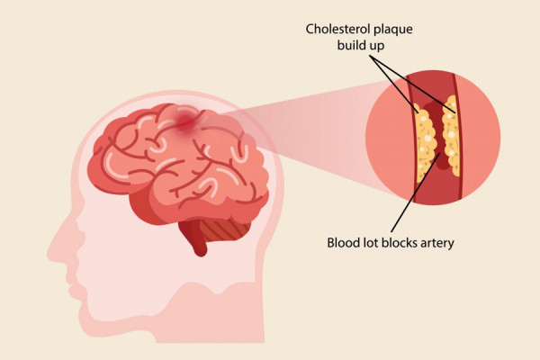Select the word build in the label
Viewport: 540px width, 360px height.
(351, 45)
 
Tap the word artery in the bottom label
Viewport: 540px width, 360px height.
(437, 244)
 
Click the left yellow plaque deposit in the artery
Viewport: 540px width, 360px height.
(426, 141)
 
